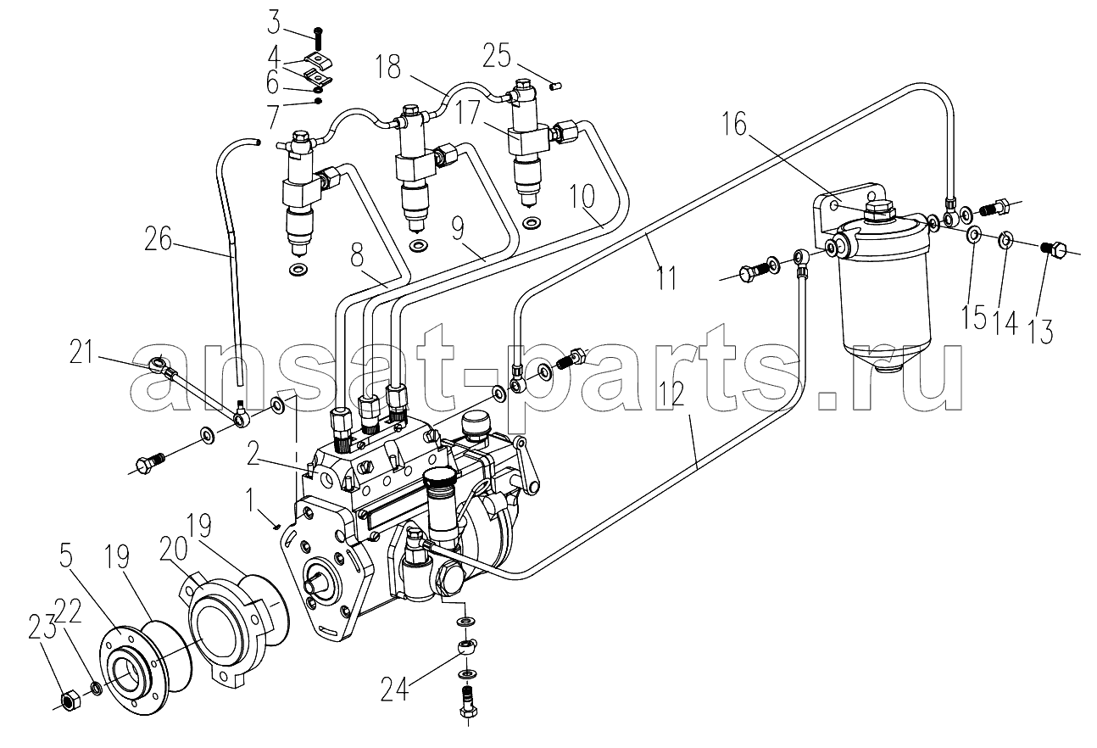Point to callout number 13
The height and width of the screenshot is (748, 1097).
coord(1041,331)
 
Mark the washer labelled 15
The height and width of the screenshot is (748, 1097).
coord(974,233)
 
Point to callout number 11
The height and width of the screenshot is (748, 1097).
coord(667,278)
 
